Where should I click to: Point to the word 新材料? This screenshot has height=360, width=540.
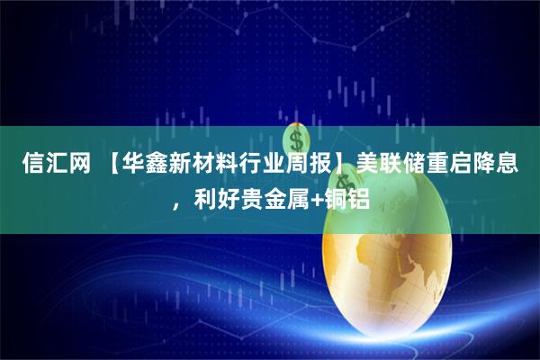point(202,166)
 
